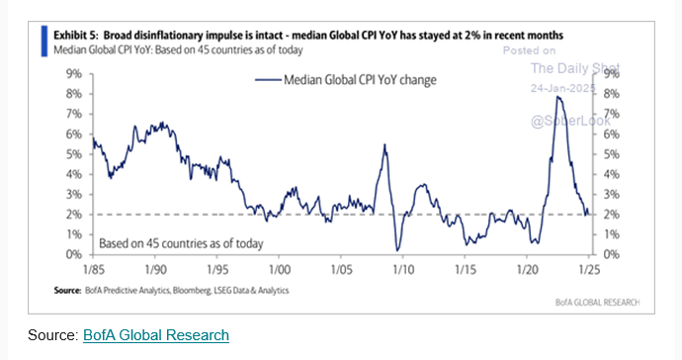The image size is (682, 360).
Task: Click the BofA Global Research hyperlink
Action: coord(155,335)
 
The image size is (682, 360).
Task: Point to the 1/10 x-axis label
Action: coord(403,268)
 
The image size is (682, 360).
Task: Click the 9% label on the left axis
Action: coord(73,73)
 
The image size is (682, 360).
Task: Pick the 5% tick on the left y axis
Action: coord(73,154)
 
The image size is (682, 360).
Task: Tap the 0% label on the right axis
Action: coord(610,254)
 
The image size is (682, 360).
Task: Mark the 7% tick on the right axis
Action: coord(610,114)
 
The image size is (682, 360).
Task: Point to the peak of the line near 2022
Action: coord(558,96)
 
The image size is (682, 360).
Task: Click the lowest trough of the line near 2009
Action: coord(396,250)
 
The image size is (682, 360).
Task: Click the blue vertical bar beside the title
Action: coord(43,40)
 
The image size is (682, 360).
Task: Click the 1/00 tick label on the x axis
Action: coord(279,268)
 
